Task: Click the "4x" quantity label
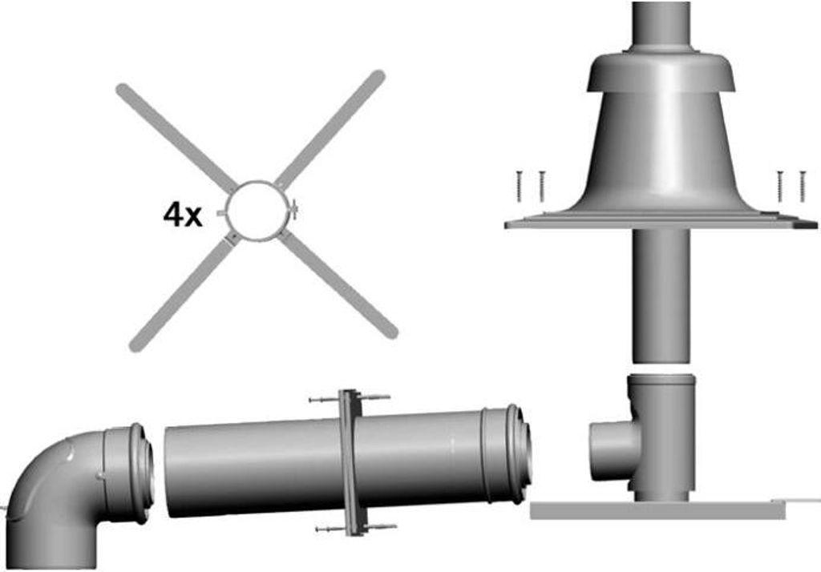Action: [183, 216]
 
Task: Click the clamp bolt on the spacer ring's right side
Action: [294, 210]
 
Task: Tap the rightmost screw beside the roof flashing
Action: [802, 186]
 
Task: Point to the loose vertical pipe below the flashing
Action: [661, 296]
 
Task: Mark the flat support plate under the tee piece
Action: [657, 510]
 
